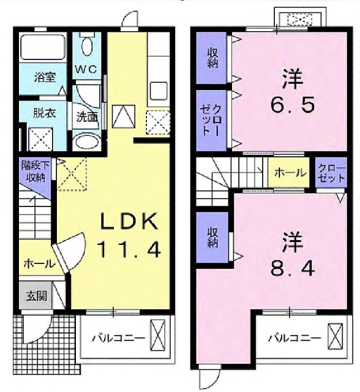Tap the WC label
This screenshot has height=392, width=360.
click(x=85, y=69)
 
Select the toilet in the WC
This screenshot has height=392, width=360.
click(x=86, y=45)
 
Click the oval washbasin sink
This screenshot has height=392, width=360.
click(x=85, y=143)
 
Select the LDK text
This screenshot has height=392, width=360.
click(x=129, y=221)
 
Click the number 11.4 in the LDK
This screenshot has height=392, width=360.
click(x=129, y=249)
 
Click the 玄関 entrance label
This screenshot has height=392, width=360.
click(x=35, y=296)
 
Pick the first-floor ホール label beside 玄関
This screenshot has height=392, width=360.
click(x=38, y=264)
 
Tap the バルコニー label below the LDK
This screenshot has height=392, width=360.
click(x=119, y=337)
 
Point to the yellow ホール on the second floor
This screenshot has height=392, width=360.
click(x=290, y=173)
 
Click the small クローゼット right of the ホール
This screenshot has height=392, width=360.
click(x=331, y=173)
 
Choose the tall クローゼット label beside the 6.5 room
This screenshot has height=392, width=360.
click(x=211, y=119)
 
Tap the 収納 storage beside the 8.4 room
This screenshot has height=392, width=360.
click(x=212, y=238)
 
